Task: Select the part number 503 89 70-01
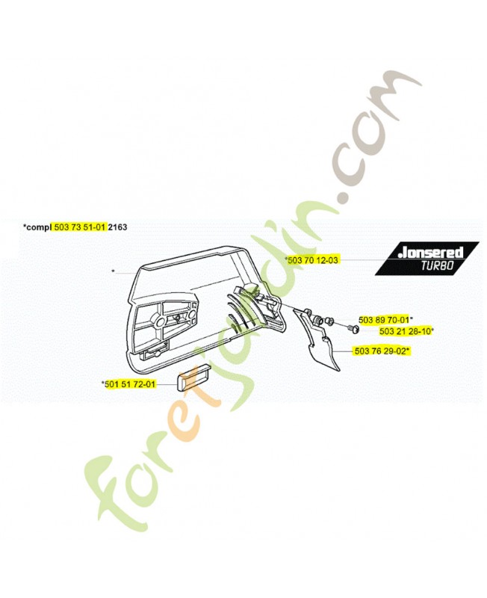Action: point(384,320)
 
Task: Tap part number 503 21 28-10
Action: point(405,331)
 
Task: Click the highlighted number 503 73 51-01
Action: point(79,227)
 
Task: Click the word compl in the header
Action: point(39,228)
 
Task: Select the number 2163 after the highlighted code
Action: point(118,227)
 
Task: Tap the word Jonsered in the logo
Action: point(430,253)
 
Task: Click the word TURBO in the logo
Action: point(437,265)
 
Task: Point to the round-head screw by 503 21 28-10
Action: point(354,329)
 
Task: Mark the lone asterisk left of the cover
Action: point(113,271)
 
